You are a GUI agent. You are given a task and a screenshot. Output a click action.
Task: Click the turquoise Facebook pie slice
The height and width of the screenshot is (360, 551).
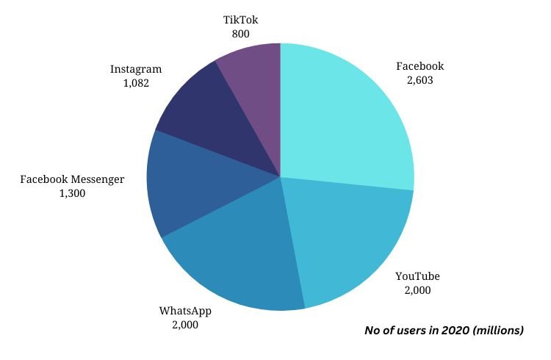(x=345, y=118)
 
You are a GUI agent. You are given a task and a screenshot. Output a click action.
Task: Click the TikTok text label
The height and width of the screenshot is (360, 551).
(x=242, y=19)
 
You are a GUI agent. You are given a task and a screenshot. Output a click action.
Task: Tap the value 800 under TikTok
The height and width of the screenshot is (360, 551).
(x=242, y=33)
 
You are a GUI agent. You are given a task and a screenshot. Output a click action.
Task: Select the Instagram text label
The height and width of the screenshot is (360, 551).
(x=136, y=69)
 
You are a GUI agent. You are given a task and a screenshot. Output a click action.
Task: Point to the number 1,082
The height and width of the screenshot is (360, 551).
(x=136, y=83)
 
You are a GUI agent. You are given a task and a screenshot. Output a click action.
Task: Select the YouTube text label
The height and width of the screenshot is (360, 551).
(x=417, y=276)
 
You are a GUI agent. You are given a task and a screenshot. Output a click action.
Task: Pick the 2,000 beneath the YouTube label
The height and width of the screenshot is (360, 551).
(x=417, y=290)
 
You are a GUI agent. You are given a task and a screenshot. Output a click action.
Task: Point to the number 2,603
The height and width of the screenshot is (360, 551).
(x=419, y=80)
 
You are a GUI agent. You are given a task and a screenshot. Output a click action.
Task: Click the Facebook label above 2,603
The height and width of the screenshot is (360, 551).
(x=419, y=66)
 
